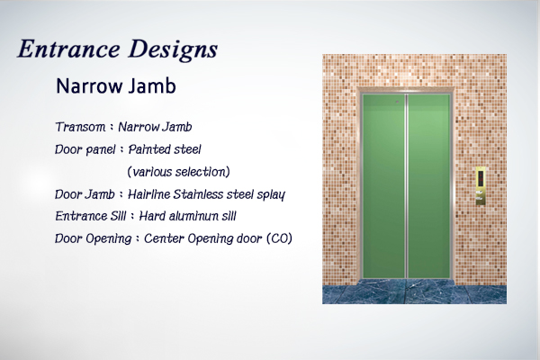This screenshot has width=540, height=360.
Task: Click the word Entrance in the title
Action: coord(68,49)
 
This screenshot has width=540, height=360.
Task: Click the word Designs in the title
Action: coord(173,50)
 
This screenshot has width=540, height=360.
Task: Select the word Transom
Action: coord(80,127)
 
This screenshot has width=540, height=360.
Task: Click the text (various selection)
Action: coord(178,172)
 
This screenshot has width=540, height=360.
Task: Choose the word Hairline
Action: coord(148,194)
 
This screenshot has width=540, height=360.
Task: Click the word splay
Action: coord(271,195)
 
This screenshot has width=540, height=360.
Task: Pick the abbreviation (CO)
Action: coord(279,238)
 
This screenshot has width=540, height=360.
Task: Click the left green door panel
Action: coord(383,186)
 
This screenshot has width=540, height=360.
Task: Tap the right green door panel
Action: coord(428,186)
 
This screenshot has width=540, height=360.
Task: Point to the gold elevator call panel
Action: coord(481,186)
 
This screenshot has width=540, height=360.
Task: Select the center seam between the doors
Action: coord(407,186)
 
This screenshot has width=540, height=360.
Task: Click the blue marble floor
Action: coord(414,292)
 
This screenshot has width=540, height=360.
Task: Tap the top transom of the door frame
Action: coord(407,90)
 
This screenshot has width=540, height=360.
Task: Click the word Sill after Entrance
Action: coord(118,216)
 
